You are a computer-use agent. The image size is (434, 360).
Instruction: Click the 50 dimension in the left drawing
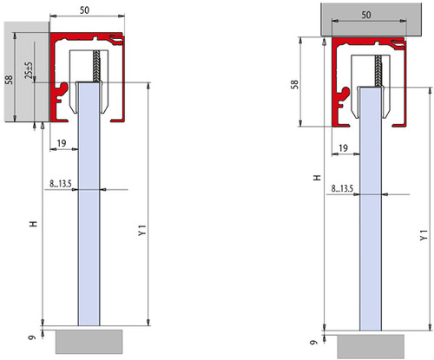(84, 10)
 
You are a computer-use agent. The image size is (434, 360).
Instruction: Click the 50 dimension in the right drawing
(366, 15)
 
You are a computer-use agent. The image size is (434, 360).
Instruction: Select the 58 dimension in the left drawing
(10, 80)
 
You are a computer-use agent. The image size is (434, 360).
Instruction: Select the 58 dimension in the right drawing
(294, 84)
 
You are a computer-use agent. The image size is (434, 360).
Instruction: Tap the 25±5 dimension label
(29, 70)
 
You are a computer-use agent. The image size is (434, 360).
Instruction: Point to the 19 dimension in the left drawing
(62, 143)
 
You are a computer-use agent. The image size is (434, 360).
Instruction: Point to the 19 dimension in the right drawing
(343, 148)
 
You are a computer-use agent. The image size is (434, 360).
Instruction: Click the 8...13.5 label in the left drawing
(61, 184)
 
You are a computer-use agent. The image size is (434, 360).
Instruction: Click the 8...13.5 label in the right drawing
(342, 188)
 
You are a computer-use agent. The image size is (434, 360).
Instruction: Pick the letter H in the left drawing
(34, 224)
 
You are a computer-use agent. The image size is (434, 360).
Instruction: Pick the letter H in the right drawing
(318, 178)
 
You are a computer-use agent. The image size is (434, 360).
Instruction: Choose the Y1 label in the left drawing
(142, 230)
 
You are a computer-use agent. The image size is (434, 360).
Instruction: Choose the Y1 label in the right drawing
(424, 235)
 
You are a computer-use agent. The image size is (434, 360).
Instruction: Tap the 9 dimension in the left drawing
(32, 337)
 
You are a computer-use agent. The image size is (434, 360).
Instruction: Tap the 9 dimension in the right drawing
(313, 343)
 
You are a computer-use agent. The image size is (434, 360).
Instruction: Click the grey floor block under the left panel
(89, 342)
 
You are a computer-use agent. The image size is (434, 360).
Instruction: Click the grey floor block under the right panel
(371, 347)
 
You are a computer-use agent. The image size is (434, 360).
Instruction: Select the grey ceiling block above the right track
(371, 19)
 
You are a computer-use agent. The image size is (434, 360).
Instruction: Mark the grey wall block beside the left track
(27, 72)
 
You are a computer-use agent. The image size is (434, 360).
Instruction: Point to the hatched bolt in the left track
(96, 66)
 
